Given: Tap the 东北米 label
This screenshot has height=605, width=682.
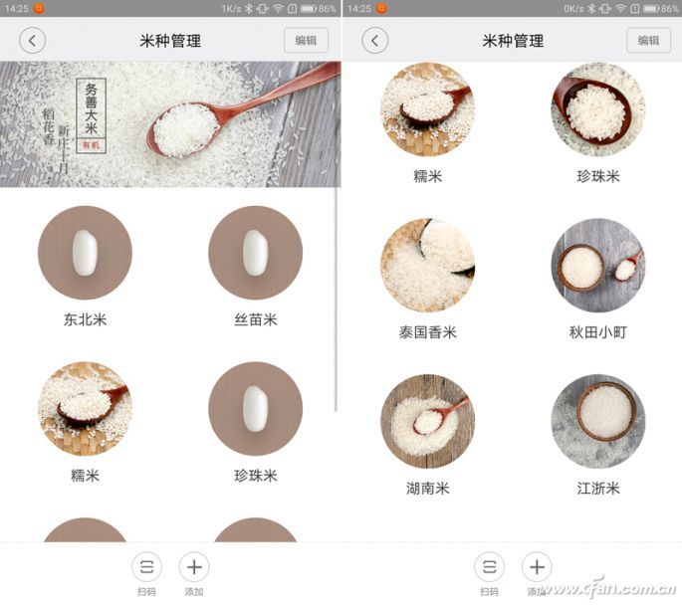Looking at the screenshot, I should tap(85, 319).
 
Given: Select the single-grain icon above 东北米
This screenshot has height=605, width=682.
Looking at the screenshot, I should tap(85, 253).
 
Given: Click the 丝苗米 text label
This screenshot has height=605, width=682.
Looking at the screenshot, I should tap(255, 319).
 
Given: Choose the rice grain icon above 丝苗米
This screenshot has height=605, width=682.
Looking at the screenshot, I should tap(255, 253).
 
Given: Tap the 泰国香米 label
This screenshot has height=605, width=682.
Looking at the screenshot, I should tap(427, 332).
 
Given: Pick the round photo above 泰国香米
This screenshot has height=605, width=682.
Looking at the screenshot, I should tap(427, 266).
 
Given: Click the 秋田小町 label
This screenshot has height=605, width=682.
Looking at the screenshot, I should tap(597, 332).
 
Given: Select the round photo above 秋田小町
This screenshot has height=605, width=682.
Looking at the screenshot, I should tap(597, 266).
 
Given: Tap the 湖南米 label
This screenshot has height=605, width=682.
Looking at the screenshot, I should tap(427, 488).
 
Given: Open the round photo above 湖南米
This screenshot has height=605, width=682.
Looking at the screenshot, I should tap(427, 421).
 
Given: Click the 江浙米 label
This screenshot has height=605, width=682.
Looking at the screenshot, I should tap(597, 488).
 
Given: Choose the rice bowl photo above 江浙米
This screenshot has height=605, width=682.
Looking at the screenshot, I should tap(597, 421).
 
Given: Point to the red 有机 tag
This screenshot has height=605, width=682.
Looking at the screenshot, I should tap(92, 145).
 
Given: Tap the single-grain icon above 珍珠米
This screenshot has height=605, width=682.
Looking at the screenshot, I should tap(255, 408).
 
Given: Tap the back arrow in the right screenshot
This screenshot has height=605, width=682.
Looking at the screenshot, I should tap(374, 41).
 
